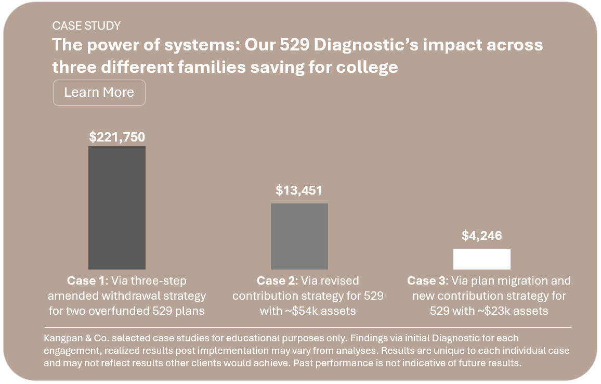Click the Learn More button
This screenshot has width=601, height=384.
(x=99, y=93)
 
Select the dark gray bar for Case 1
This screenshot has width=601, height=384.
(x=117, y=208)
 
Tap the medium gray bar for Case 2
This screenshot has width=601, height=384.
(x=299, y=236)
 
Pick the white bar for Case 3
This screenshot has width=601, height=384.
(x=481, y=259)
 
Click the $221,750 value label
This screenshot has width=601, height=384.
(x=117, y=137)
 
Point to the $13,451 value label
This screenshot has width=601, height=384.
(x=299, y=190)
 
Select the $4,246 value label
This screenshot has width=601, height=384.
(x=482, y=236)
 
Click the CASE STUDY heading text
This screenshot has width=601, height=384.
(x=86, y=25)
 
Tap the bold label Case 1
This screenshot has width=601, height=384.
(x=86, y=281)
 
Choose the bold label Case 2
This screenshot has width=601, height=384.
(x=276, y=281)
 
